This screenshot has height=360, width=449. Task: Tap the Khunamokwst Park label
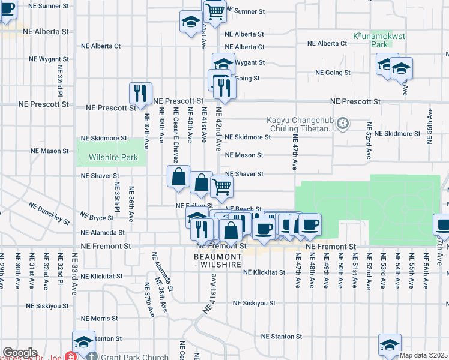click(379, 40)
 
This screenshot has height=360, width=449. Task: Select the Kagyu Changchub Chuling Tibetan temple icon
click(343, 124)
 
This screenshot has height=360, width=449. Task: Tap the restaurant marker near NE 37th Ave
click(140, 93)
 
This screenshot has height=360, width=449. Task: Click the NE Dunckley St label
click(49, 212)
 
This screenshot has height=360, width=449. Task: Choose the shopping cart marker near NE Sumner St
click(215, 10)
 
